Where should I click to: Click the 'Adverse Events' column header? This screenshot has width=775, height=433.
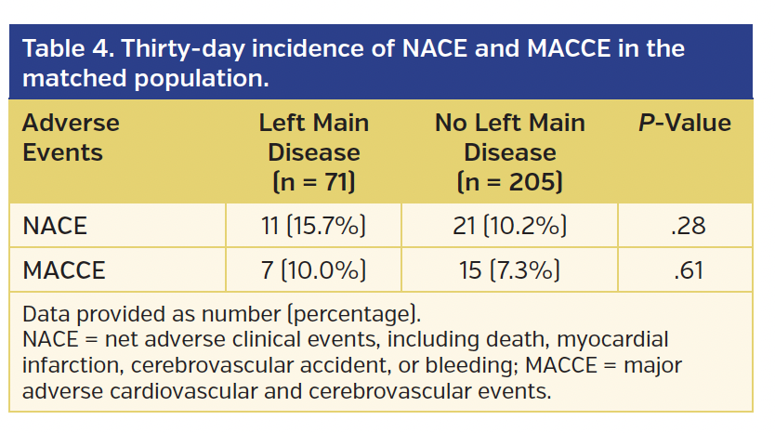(x=71, y=138)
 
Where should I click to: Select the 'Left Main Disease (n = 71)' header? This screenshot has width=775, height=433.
(x=313, y=151)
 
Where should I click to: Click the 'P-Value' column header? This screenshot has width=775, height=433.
(x=684, y=124)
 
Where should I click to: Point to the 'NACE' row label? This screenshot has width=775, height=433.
(x=54, y=226)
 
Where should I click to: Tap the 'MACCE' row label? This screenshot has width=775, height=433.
(x=63, y=270)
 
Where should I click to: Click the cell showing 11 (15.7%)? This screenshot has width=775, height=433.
(x=313, y=226)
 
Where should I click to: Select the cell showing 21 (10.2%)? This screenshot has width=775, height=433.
(x=509, y=226)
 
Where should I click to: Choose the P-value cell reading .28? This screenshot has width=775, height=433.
(x=688, y=226)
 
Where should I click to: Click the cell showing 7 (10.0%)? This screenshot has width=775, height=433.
(x=313, y=270)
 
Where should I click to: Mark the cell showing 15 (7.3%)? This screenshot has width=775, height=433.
(x=509, y=270)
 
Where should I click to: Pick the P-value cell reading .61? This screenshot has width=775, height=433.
(x=688, y=270)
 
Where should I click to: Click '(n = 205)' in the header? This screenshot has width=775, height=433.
(x=509, y=180)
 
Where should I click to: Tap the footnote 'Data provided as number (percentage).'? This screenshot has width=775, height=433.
(x=221, y=312)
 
